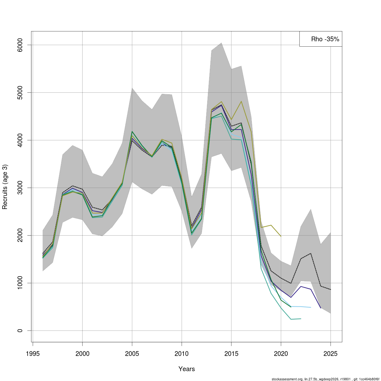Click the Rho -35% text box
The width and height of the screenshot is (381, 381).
point(321,39)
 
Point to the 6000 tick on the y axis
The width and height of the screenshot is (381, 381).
point(20,45)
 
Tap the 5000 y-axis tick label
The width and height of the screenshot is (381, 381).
point(20,92)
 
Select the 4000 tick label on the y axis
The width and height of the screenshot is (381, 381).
point(20,140)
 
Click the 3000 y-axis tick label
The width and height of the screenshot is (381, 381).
point(20,188)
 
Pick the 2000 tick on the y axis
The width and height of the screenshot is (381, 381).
point(20,235)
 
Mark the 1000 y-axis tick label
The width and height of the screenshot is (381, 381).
point(20,283)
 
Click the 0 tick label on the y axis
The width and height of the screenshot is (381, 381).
point(20,331)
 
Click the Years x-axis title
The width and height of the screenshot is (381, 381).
point(187,369)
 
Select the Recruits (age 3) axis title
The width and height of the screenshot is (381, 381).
point(5,187)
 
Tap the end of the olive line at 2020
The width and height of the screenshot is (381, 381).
point(281,236)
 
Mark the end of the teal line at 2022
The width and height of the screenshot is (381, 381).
point(301,318)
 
